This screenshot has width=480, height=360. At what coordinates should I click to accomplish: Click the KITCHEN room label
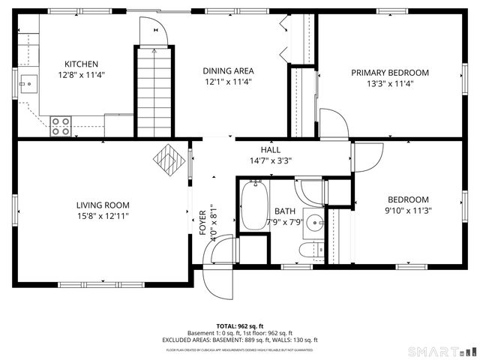(81, 64)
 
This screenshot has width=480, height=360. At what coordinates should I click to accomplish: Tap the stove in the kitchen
(61, 126)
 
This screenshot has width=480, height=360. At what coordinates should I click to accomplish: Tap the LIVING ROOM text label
(102, 205)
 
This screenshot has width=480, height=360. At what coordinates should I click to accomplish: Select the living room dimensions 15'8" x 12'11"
(102, 216)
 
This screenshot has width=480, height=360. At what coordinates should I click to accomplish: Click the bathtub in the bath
(253, 205)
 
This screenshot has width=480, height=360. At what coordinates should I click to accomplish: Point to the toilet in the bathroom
(310, 250)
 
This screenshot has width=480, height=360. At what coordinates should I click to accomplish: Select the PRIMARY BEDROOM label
(390, 73)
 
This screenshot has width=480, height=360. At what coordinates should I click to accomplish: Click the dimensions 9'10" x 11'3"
(407, 211)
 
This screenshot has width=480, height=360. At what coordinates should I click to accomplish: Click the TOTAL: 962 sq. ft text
(240, 325)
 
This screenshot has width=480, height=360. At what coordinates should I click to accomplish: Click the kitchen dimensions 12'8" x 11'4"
(81, 75)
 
